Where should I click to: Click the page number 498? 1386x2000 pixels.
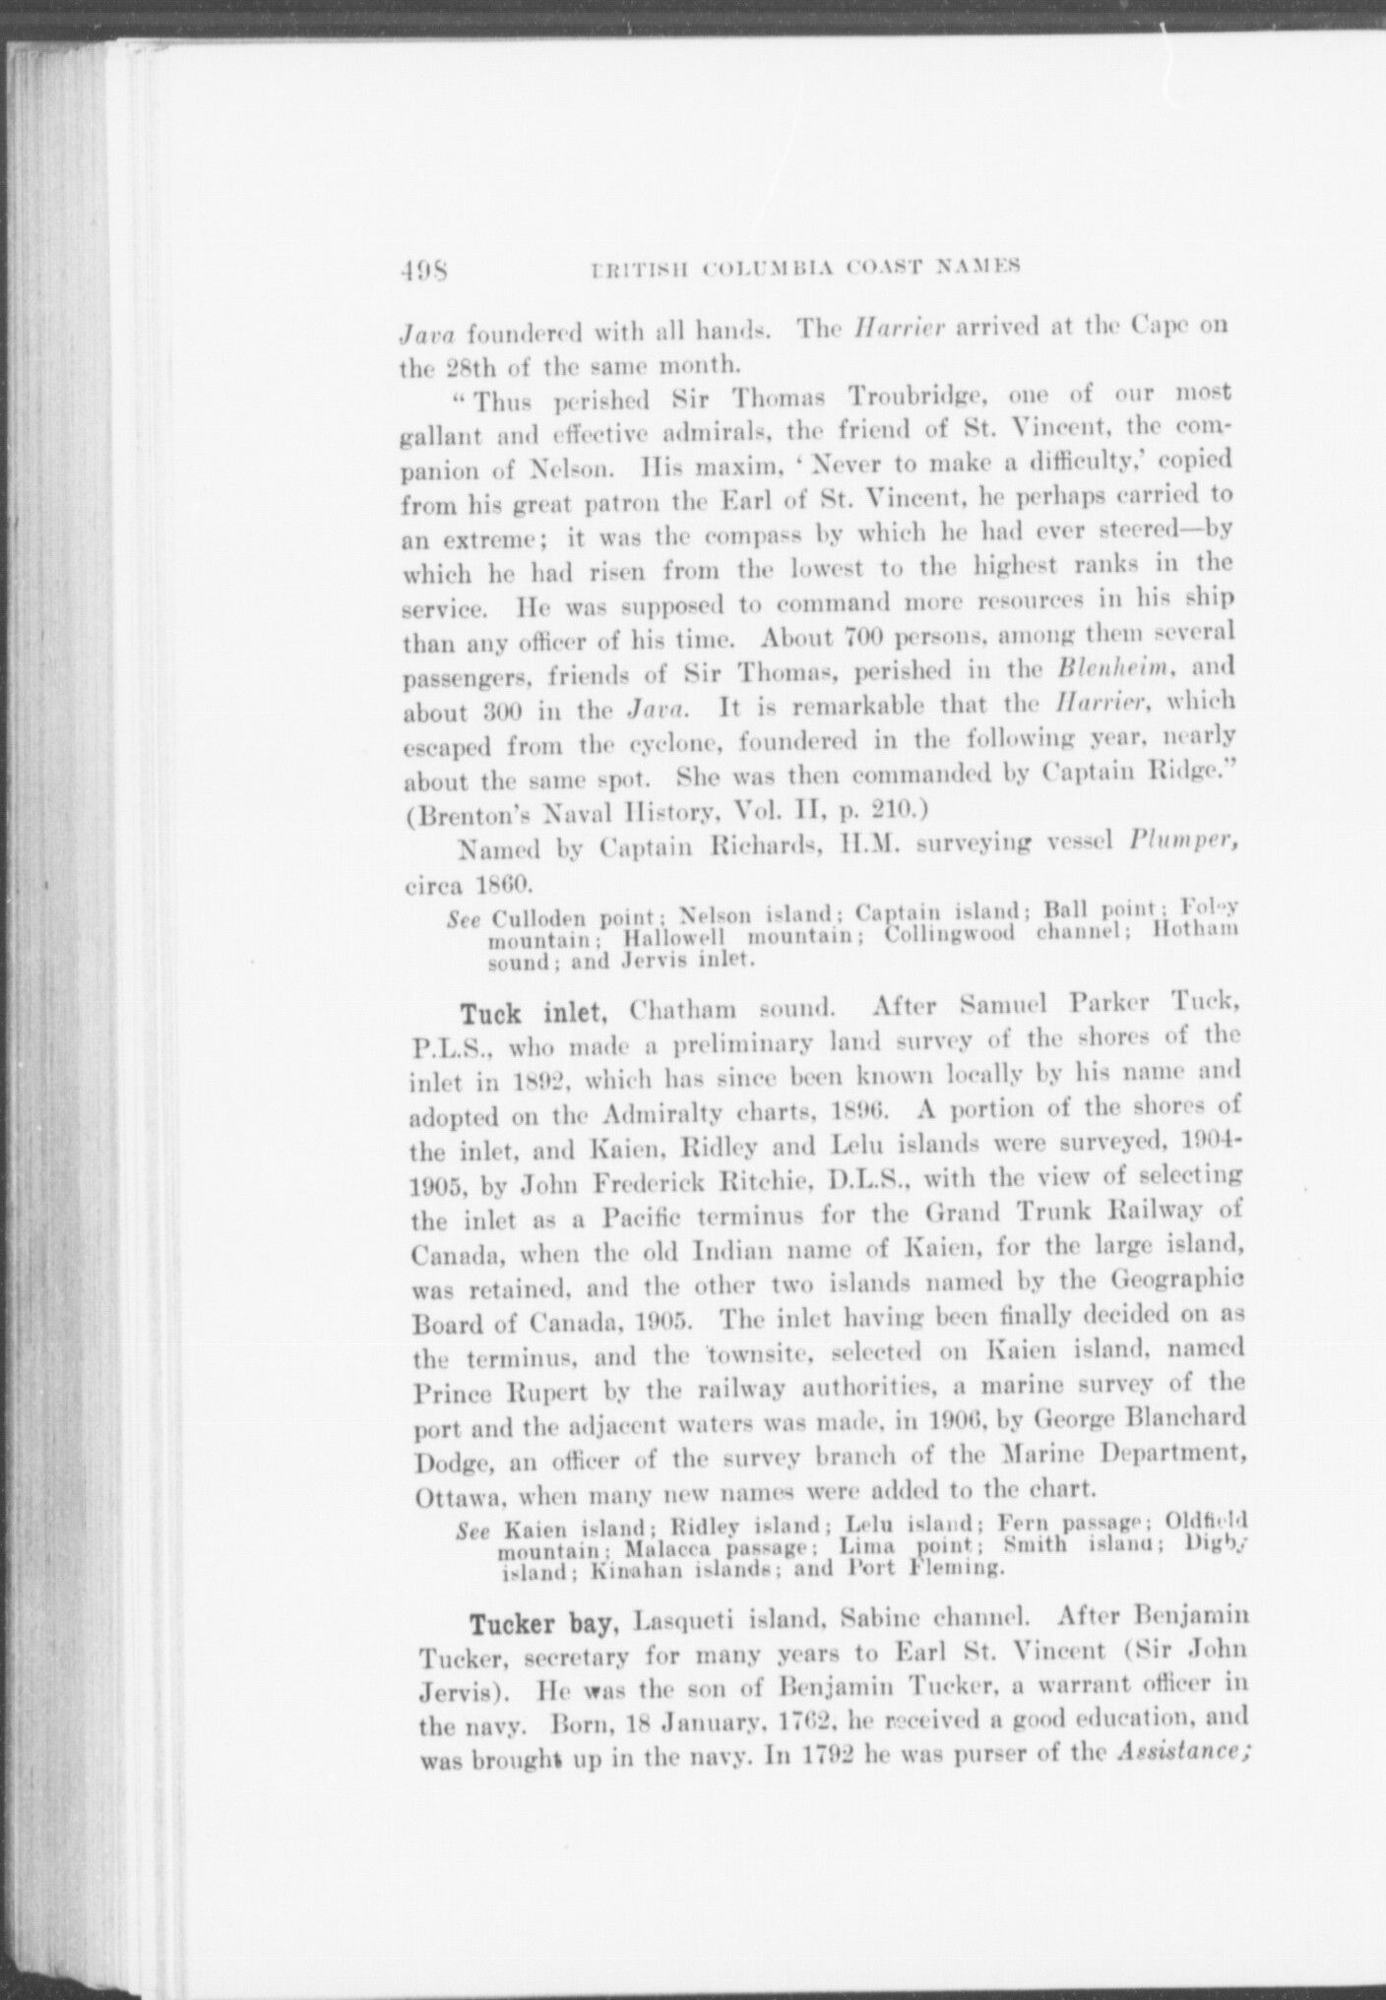coord(425,267)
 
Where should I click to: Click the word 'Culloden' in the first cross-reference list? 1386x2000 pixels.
coord(544,921)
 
